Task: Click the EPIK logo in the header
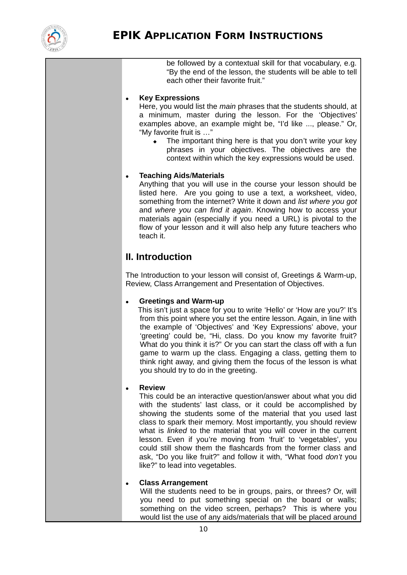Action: (x=54, y=38)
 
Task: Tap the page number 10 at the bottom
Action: (x=203, y=529)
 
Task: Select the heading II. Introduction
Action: (x=158, y=257)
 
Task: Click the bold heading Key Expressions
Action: (x=169, y=98)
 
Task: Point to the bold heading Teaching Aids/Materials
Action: (x=182, y=176)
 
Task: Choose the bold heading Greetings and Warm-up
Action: (x=181, y=301)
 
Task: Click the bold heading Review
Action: (x=152, y=388)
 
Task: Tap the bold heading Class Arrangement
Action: (x=173, y=483)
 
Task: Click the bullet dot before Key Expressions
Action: (x=127, y=99)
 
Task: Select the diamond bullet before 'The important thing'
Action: (x=155, y=142)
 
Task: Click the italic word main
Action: (x=227, y=107)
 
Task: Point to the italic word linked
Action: (x=177, y=431)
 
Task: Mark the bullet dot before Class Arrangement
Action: (x=127, y=484)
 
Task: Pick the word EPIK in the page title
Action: (x=127, y=35)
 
